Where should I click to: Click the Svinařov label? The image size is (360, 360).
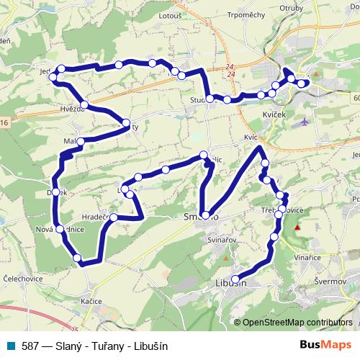pos(223,238)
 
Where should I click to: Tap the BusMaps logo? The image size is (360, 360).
pos(326,346)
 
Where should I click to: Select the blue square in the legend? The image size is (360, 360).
pos(9,346)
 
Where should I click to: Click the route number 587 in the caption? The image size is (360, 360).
pos(30,346)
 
